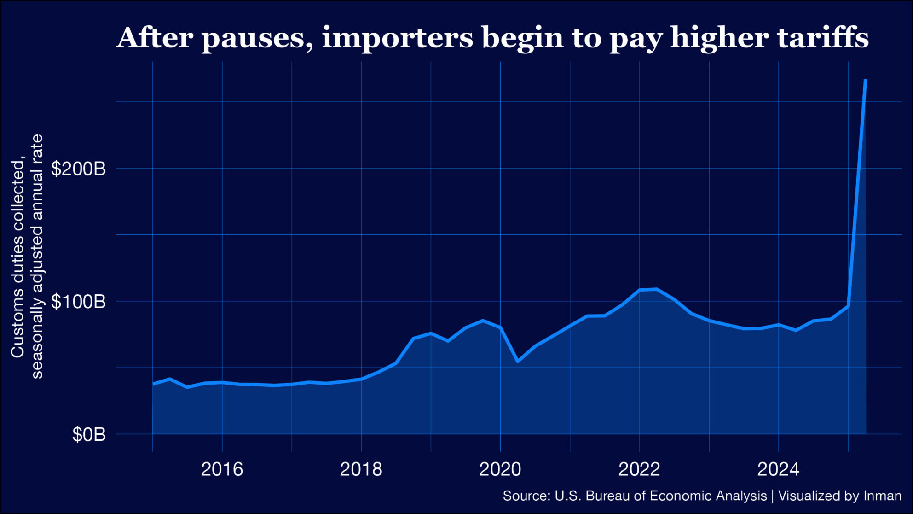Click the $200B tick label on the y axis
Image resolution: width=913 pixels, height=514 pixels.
point(78,169)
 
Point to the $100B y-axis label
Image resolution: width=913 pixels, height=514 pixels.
point(78,302)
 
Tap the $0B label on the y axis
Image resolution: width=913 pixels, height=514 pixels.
point(89,435)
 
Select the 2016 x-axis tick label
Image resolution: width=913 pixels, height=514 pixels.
point(222,469)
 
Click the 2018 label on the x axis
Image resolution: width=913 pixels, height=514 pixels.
point(361,469)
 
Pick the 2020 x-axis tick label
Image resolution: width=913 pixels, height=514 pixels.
point(500,469)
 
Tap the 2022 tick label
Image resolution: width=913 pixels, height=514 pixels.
point(639,469)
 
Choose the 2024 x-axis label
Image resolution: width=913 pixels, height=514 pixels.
point(778,469)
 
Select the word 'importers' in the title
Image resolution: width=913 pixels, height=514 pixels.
point(397,38)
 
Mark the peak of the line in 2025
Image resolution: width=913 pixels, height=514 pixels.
point(866,80)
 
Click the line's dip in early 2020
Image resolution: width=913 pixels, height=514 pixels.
point(518,362)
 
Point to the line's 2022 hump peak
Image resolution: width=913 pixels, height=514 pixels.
point(656,289)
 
